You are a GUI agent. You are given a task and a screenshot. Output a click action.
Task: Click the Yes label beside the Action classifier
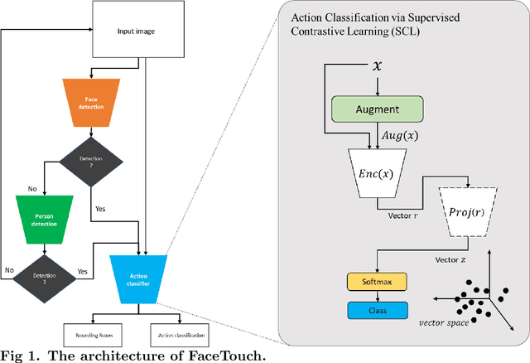[83, 271]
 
